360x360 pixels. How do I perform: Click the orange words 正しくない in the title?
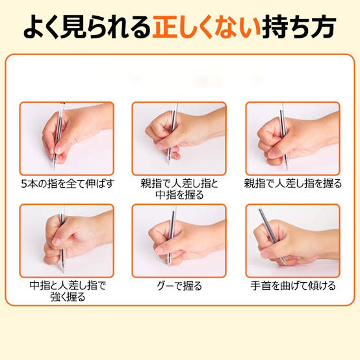[x=206, y=27]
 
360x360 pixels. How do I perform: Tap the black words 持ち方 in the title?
[x=298, y=27]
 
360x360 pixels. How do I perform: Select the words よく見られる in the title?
[x=87, y=27]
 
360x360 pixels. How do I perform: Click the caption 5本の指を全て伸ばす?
[x=68, y=184]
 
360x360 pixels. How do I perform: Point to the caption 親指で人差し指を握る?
[x=292, y=184]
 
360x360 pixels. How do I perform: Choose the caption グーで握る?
[x=179, y=286]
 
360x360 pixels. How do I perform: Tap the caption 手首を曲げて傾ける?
[x=292, y=286]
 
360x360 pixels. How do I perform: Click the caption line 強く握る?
[x=68, y=297]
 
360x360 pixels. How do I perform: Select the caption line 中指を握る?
[x=179, y=195]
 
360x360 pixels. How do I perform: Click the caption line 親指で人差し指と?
[x=179, y=184]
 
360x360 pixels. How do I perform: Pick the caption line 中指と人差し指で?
[x=68, y=286]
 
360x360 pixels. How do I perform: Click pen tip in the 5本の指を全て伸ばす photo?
[x=54, y=170]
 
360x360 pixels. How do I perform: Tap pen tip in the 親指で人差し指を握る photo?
[x=287, y=169]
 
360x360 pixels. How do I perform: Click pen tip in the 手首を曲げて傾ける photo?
[x=285, y=264]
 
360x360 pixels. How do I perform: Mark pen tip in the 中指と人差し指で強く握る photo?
[x=62, y=272]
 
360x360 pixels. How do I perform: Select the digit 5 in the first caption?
[x=23, y=184]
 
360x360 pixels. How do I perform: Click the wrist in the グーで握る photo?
[x=214, y=237]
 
